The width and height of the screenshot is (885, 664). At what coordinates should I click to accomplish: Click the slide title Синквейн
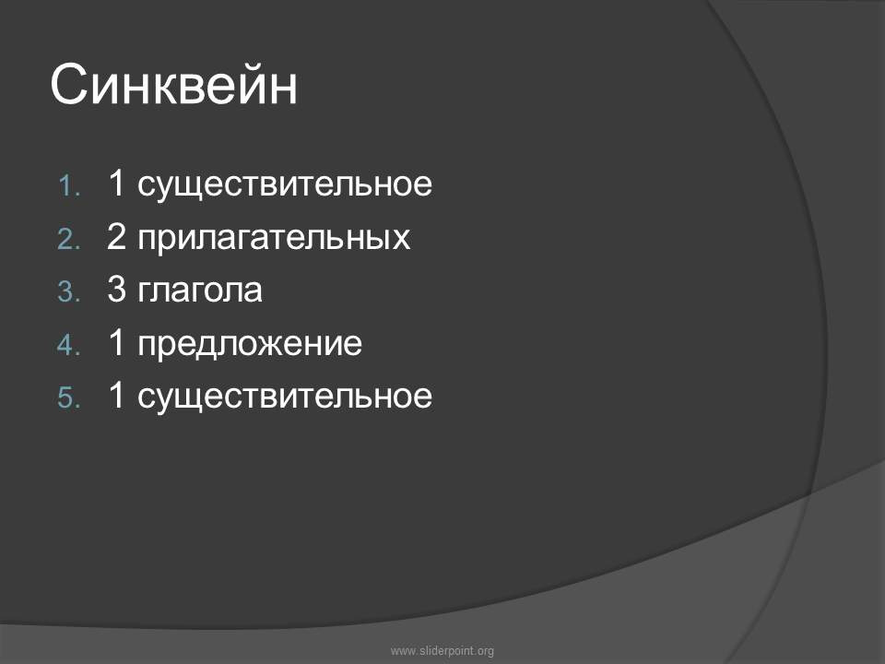(x=174, y=85)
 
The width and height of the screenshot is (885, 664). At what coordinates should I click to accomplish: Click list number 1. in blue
(x=69, y=185)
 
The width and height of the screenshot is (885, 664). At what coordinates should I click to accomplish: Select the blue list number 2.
(x=69, y=239)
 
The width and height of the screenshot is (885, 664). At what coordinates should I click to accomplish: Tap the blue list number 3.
(x=69, y=292)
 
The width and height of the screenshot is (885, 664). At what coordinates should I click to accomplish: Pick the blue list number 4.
(x=69, y=345)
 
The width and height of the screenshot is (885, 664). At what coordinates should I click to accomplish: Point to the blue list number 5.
(x=69, y=397)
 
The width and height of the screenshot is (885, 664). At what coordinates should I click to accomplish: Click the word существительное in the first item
(x=285, y=185)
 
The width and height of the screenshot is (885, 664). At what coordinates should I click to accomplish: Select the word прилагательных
(x=274, y=239)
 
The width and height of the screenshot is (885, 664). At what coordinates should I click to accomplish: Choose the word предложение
(x=250, y=345)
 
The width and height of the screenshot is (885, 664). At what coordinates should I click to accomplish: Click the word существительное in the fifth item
(x=285, y=397)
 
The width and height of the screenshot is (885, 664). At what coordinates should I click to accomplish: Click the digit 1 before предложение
(x=116, y=342)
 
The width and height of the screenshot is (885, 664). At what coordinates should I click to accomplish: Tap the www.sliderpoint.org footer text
(x=442, y=651)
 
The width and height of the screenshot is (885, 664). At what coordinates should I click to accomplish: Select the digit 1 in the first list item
(x=116, y=183)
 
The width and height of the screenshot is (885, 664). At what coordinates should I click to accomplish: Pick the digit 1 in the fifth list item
(x=116, y=395)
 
